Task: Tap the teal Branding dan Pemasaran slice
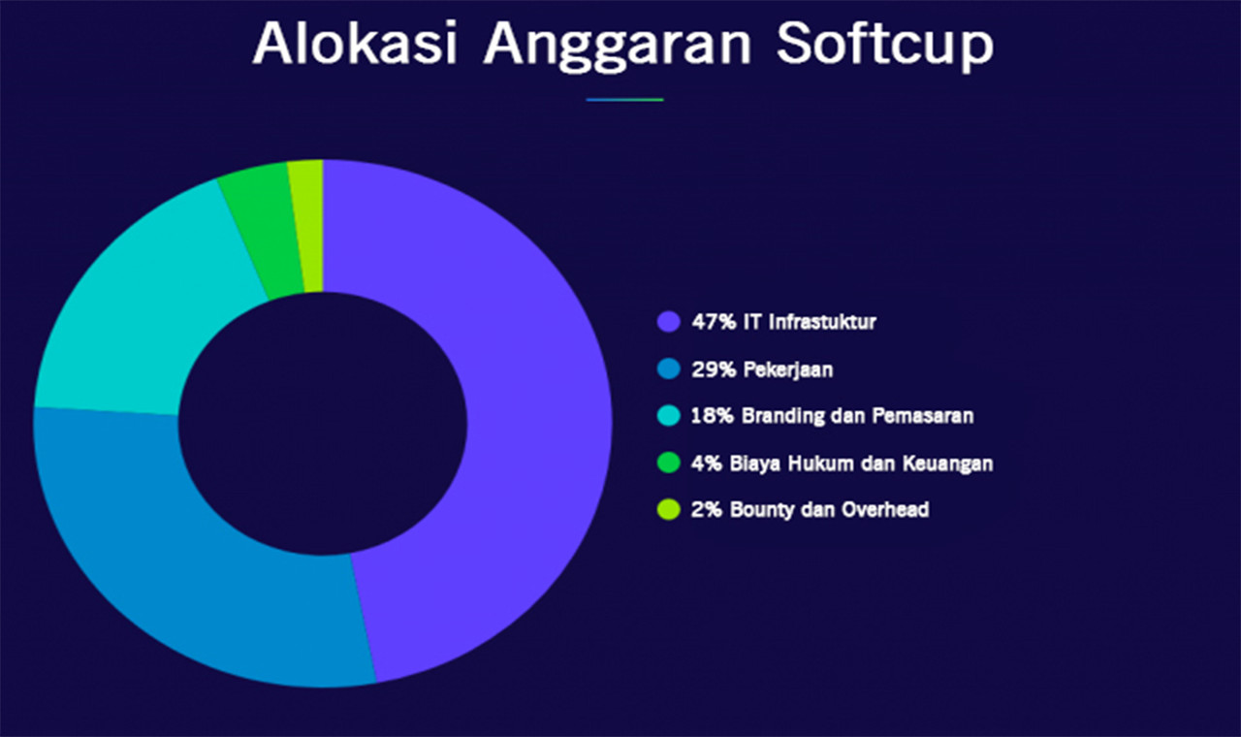139,310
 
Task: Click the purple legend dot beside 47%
669,322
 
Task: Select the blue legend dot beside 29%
669,368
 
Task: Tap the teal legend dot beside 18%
669,416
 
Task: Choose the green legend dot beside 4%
669,463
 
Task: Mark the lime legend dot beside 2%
669,509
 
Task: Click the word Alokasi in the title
355,44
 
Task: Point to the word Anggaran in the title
618,48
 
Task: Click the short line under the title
625,100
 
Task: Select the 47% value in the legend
714,322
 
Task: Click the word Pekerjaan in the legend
788,369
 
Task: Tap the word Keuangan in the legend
948,464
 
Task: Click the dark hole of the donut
323,424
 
